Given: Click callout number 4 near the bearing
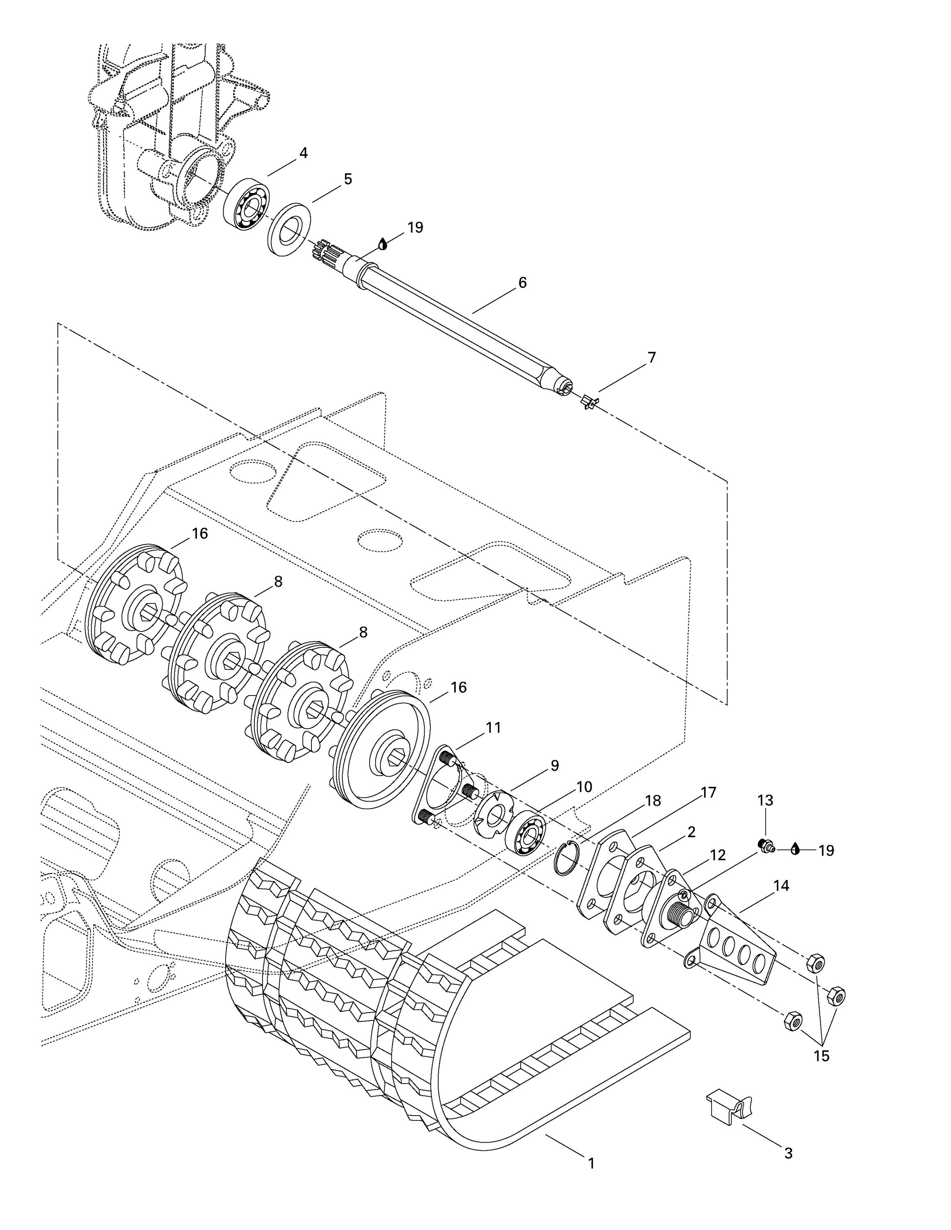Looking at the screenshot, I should (x=303, y=153).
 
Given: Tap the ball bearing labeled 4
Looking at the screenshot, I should (x=246, y=204).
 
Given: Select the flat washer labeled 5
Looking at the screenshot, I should (x=289, y=230).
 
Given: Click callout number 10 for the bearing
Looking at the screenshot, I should (x=584, y=787).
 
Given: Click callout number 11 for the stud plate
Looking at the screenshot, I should (x=494, y=728).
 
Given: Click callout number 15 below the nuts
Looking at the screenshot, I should (x=821, y=1056).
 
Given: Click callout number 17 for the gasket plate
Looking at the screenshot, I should (x=708, y=793).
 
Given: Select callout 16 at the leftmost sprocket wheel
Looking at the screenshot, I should (x=200, y=533).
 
